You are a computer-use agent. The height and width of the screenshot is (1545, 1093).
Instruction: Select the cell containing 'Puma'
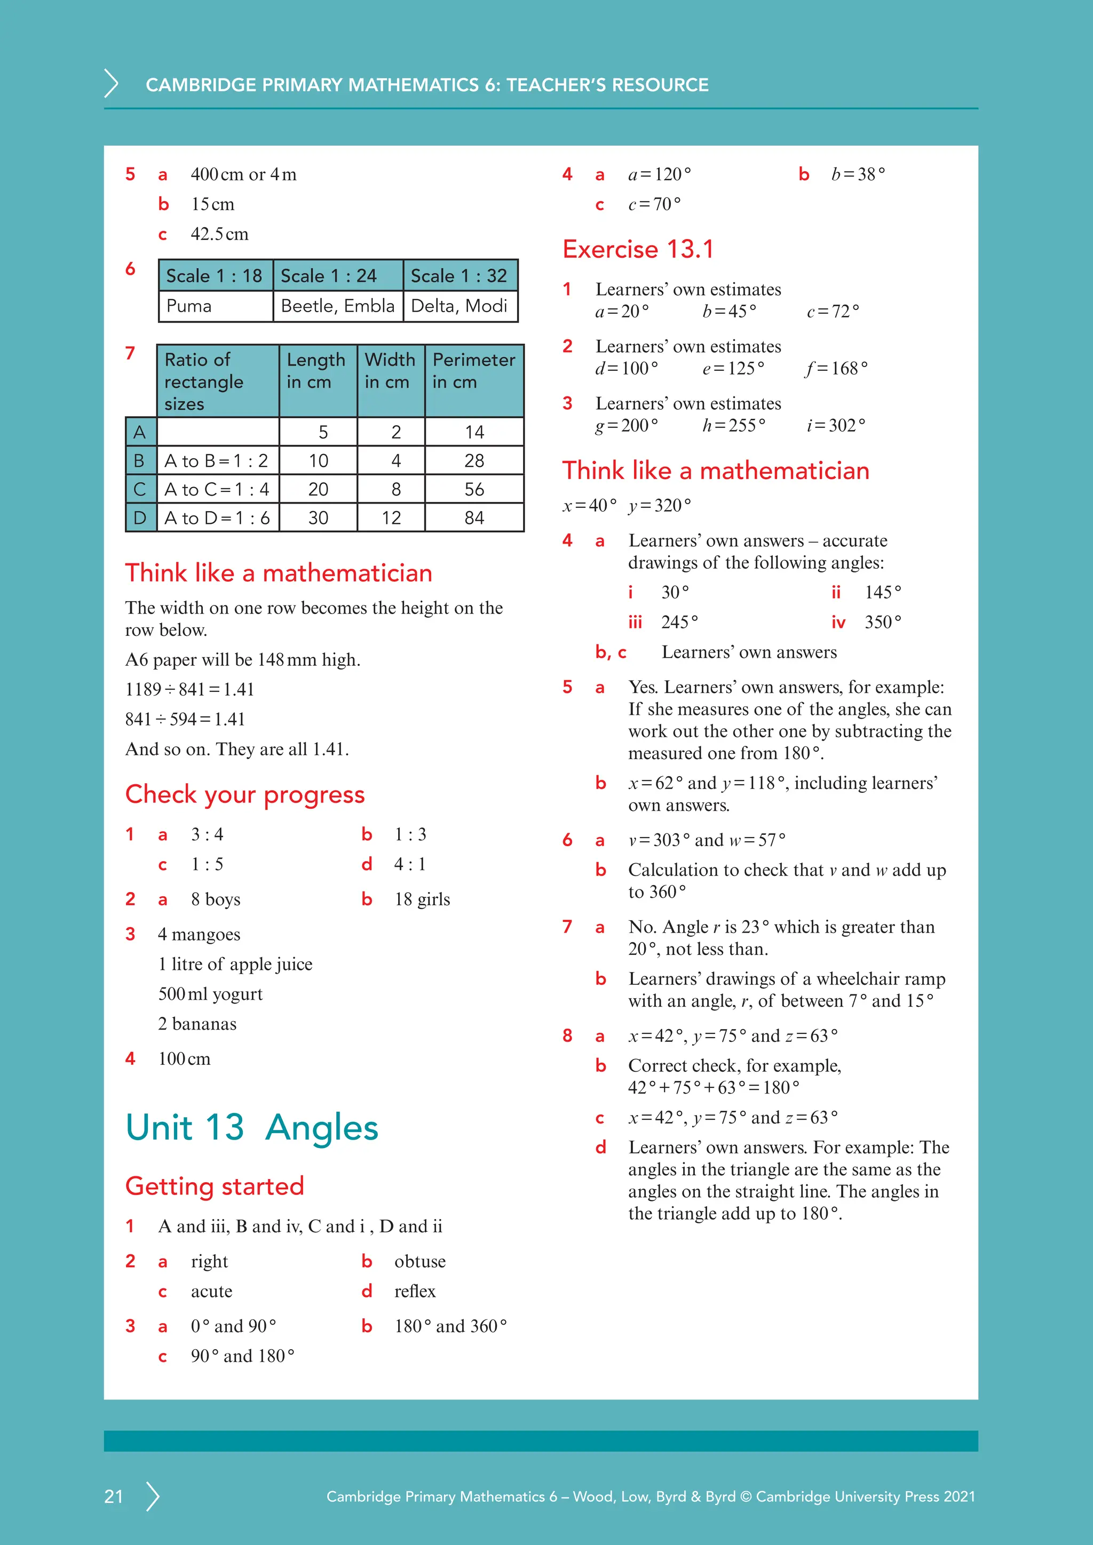coord(189,306)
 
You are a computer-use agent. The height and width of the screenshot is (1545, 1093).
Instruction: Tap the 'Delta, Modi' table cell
coord(459,306)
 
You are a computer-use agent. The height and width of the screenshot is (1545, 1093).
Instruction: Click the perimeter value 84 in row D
coord(474,518)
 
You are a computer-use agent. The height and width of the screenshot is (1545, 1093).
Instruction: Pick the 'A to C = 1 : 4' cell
coord(217,489)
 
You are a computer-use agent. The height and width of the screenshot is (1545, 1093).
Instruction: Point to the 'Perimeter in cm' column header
coord(474,371)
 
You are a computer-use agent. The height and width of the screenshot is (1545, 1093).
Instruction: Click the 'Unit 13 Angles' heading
coord(252,1128)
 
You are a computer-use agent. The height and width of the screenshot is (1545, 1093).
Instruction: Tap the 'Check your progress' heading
coord(245,795)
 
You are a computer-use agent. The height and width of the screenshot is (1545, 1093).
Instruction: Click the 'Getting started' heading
coord(215,1185)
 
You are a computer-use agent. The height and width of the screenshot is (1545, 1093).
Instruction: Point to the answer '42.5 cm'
coord(219,234)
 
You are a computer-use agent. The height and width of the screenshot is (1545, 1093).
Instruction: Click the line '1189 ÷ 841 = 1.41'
coord(190,690)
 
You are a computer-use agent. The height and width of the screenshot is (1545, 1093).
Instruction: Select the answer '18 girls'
coord(422,899)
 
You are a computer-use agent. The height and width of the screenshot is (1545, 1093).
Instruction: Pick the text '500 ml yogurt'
coord(210,994)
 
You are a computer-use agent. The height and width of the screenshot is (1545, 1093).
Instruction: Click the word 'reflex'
coord(415,1291)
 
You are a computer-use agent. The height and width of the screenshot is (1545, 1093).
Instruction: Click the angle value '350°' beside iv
coord(882,623)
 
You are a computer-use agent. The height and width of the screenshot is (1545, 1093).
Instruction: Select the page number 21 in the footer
coord(114,1496)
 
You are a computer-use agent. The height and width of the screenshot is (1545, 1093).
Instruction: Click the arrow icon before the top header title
coord(112,84)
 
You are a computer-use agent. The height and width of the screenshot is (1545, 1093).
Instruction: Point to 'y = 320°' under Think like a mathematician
coord(660,505)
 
